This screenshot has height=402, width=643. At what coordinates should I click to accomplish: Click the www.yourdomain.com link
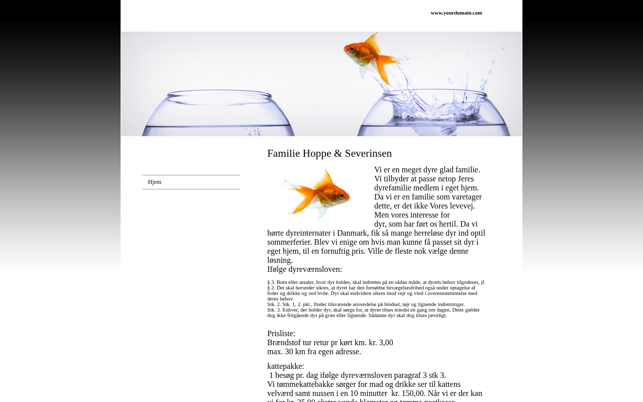[456, 13]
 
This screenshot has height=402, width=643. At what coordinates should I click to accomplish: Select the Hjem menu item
[155, 182]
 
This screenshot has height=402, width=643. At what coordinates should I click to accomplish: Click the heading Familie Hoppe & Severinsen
[330, 153]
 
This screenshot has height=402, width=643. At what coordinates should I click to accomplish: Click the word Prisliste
[281, 334]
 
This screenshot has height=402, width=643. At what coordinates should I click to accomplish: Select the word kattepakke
[285, 366]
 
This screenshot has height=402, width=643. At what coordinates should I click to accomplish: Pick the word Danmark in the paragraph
[352, 233]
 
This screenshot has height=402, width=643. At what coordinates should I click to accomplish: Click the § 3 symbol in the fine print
[271, 282]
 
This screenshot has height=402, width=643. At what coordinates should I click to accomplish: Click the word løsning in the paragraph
[279, 260]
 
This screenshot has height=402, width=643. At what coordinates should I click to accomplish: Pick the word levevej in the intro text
[459, 206]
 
